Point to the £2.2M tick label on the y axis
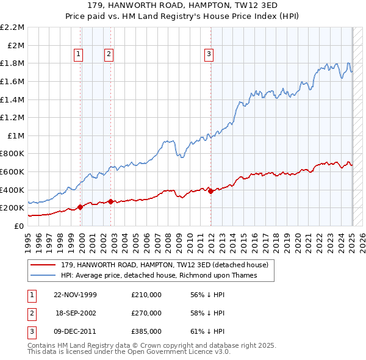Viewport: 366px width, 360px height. click(x=13, y=27)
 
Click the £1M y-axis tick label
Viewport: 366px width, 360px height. click(x=16, y=135)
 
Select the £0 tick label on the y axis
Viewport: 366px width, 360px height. click(x=19, y=226)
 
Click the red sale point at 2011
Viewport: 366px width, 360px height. click(x=210, y=191)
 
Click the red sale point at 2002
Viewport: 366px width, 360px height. click(x=110, y=201)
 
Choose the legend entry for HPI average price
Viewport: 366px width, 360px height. click(x=159, y=275)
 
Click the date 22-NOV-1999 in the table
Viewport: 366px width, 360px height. click(x=75, y=294)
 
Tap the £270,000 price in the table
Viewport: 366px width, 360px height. click(x=146, y=313)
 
